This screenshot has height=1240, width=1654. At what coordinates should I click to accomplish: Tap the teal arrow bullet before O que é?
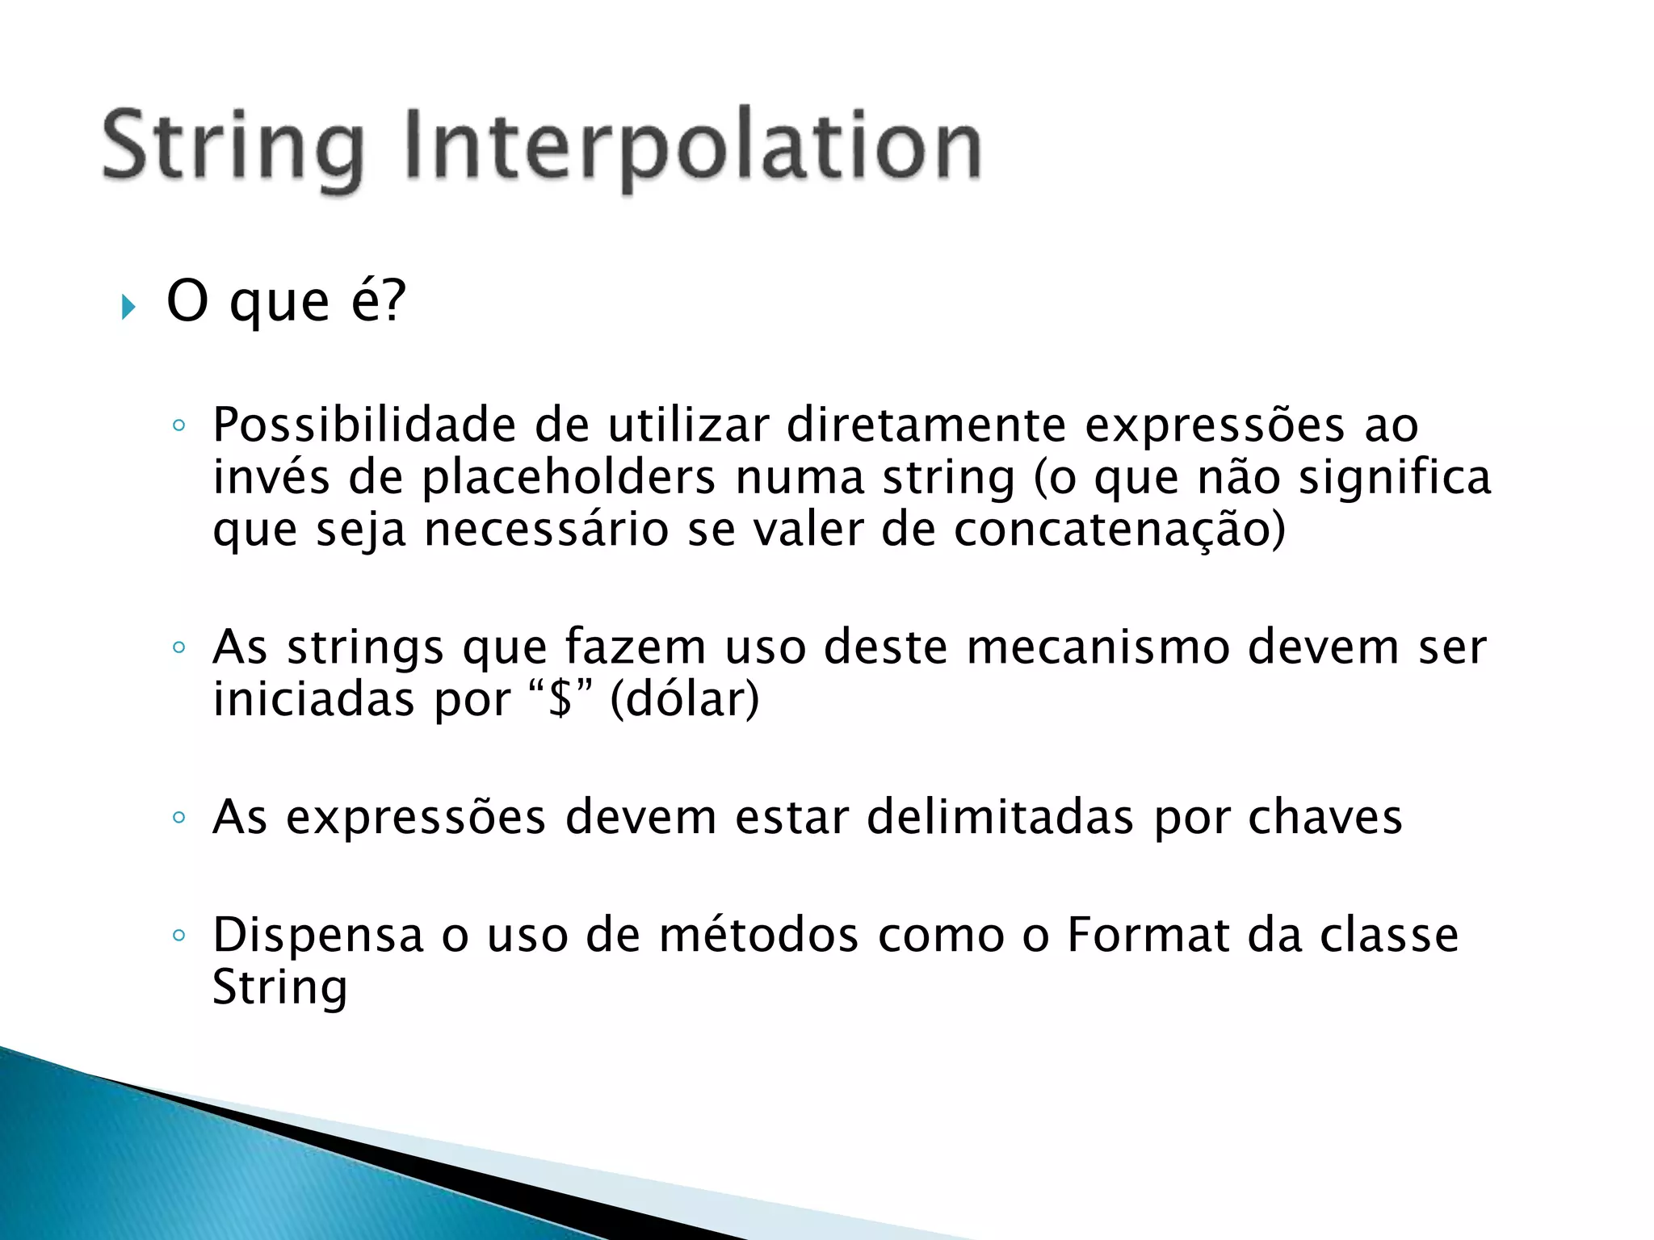click(x=128, y=307)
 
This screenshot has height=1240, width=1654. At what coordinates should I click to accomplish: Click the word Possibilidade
click(x=363, y=425)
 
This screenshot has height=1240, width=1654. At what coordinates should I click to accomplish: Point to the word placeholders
click(x=569, y=478)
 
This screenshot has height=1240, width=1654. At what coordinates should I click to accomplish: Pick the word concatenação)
click(x=1119, y=531)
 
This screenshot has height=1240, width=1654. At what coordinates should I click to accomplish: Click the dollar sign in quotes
click(x=560, y=699)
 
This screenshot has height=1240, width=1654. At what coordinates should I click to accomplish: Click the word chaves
click(x=1324, y=817)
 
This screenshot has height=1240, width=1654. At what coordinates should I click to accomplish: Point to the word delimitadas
click(x=1000, y=817)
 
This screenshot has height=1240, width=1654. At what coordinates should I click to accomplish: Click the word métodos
click(x=758, y=935)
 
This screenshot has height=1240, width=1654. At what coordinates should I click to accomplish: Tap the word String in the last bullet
click(x=279, y=987)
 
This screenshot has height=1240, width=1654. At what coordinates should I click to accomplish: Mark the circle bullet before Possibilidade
click(x=179, y=426)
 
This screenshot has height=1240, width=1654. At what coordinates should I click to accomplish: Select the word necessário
click(x=546, y=531)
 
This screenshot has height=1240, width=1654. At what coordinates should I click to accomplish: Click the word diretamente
click(x=926, y=425)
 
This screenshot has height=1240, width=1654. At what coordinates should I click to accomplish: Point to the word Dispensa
click(x=318, y=935)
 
